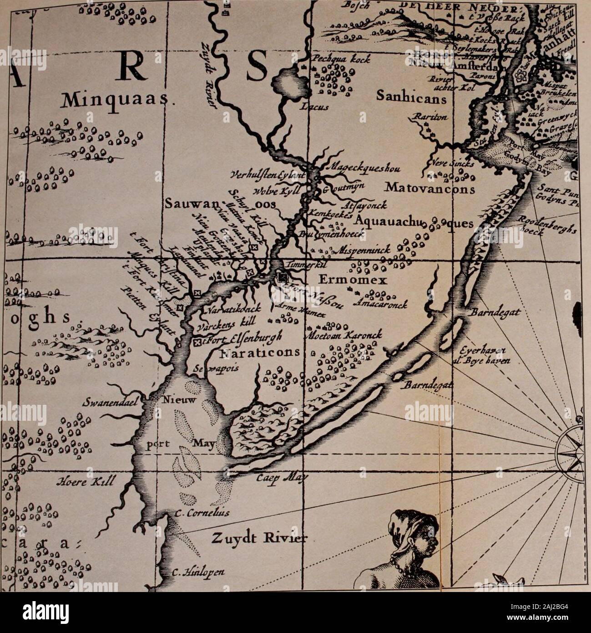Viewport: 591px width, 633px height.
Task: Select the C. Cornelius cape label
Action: tap(202, 514)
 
